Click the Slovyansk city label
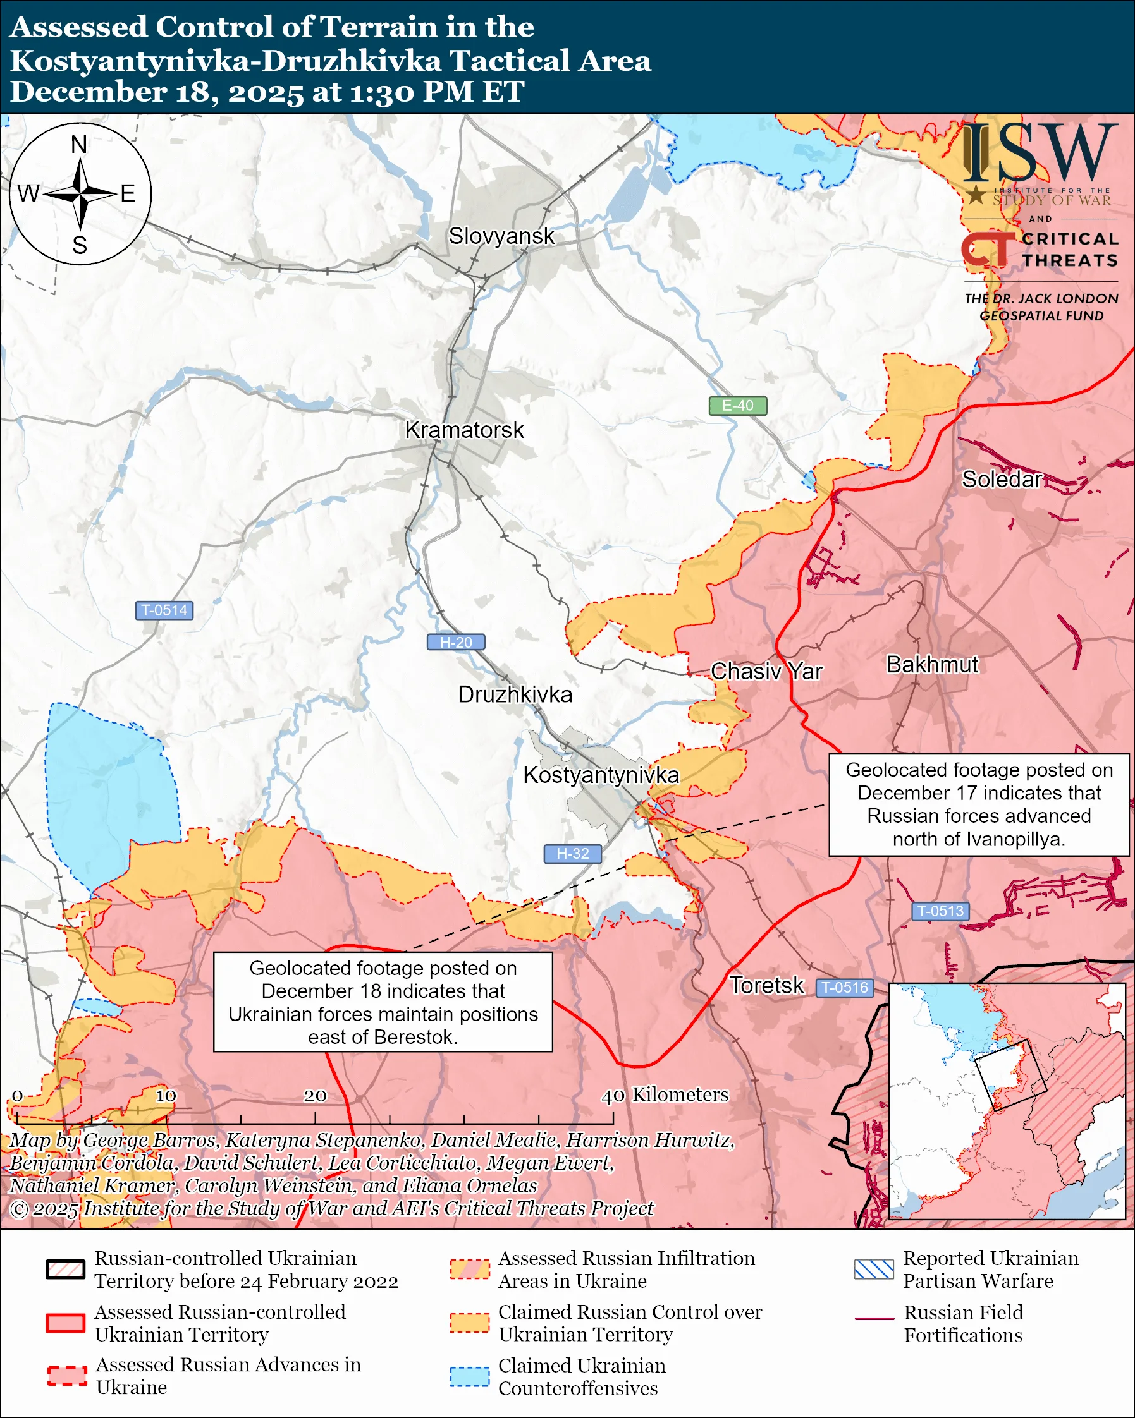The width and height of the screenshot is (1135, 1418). (x=501, y=236)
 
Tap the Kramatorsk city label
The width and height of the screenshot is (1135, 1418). (x=464, y=430)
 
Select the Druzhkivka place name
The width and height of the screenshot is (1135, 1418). (x=515, y=694)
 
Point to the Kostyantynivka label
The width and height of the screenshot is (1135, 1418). (x=601, y=775)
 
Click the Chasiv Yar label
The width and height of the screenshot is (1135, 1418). (x=766, y=672)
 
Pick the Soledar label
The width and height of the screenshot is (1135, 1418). (x=1002, y=480)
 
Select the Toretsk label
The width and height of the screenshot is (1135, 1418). (x=766, y=986)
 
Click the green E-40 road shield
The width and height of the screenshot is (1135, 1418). (x=737, y=406)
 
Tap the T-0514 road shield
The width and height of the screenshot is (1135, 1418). (x=164, y=610)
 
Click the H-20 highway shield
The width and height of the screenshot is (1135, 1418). (x=456, y=643)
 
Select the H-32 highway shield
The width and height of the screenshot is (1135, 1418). (x=572, y=854)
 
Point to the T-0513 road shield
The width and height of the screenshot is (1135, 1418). (x=940, y=911)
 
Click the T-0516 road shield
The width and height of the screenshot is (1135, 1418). (x=845, y=988)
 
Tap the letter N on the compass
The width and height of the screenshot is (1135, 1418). (x=79, y=145)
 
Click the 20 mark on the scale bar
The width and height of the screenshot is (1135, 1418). (x=314, y=1096)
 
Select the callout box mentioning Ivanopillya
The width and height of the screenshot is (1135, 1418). (x=978, y=804)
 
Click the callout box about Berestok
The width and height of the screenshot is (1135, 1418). (x=383, y=1002)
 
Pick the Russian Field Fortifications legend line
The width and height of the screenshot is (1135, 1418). (x=874, y=1319)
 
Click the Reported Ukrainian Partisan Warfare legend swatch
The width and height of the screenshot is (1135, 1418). (x=874, y=1270)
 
